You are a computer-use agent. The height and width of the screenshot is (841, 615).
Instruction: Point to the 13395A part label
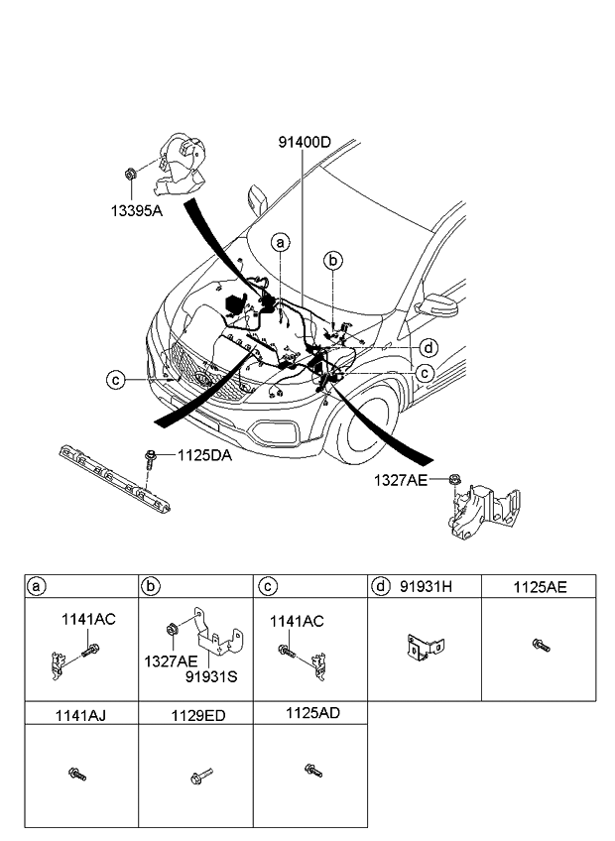(x=138, y=211)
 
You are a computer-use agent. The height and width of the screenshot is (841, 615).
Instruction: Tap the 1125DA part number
(x=205, y=456)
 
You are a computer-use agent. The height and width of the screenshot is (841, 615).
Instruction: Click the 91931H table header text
(x=426, y=587)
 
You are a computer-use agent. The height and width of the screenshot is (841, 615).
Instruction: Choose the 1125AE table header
(x=540, y=587)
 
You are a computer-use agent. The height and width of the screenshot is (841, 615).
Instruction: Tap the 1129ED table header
(x=196, y=712)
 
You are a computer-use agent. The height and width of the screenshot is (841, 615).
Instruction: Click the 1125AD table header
(x=310, y=712)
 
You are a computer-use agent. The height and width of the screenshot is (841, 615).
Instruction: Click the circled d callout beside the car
(x=428, y=347)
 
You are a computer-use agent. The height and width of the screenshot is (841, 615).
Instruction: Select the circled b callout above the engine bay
(x=334, y=260)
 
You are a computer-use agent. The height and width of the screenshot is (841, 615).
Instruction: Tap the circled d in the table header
(x=381, y=587)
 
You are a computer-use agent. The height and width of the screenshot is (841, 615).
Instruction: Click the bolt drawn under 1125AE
(x=540, y=646)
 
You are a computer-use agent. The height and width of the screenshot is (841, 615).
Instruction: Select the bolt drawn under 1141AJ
(x=76, y=774)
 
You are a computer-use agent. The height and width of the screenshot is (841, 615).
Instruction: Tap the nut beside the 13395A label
(x=131, y=176)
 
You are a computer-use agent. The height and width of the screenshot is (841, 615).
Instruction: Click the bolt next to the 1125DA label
(x=150, y=457)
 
